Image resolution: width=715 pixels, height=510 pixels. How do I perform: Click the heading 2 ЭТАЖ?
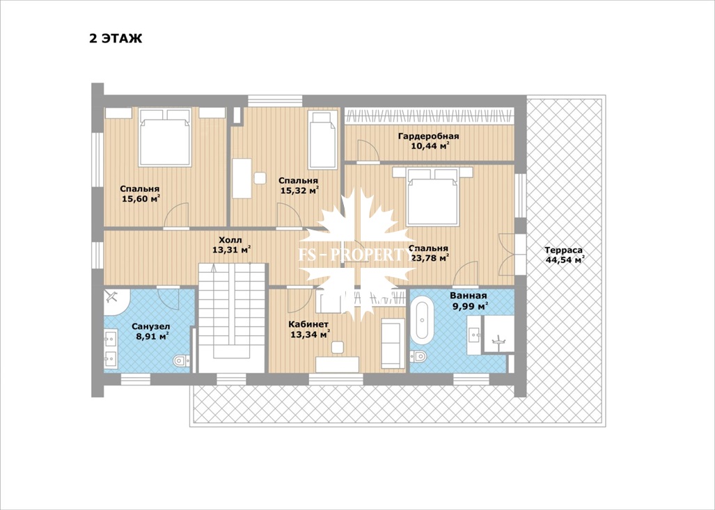(x=116, y=38)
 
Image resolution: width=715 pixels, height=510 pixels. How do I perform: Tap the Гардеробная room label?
(x=428, y=136)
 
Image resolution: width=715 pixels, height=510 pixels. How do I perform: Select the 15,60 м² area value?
(x=141, y=199)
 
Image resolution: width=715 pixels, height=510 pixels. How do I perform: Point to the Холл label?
(x=230, y=240)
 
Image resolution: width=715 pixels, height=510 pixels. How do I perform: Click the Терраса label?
(x=563, y=250)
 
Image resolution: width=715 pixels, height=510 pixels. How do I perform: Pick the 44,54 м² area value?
(x=565, y=260)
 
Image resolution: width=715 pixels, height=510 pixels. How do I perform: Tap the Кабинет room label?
(x=308, y=324)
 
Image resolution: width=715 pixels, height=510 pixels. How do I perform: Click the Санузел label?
(x=151, y=326)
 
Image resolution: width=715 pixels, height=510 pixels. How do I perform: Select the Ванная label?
(x=469, y=296)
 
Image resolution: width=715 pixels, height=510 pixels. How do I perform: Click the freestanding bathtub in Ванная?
(x=422, y=319)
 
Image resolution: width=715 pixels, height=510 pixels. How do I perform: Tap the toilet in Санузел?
(x=182, y=361)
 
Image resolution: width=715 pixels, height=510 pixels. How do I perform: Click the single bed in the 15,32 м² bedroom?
(x=322, y=139)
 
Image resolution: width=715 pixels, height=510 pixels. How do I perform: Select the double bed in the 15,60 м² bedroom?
(x=164, y=137)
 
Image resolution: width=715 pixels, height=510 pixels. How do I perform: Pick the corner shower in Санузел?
(x=116, y=301)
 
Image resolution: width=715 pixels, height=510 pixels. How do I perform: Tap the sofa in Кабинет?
(x=393, y=344)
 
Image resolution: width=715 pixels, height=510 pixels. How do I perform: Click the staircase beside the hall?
(x=232, y=318)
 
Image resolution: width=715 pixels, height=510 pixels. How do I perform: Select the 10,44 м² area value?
(x=430, y=146)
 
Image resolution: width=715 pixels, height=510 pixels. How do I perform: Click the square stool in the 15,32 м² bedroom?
(x=260, y=177)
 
